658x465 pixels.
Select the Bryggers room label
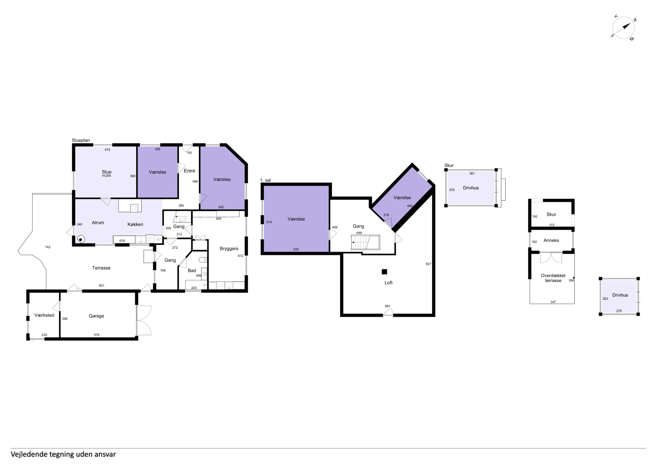[x=229, y=249]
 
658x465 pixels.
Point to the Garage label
[x=96, y=316]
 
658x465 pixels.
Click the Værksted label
[x=44, y=315]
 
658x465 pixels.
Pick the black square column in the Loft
[x=384, y=272]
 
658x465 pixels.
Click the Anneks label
[x=551, y=240]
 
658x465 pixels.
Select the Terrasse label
[x=101, y=268]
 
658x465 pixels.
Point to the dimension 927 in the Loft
[x=428, y=264]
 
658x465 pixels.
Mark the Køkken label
[x=135, y=224]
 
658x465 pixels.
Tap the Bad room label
[x=192, y=270]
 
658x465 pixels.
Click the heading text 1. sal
[x=265, y=180]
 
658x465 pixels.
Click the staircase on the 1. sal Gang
[x=365, y=242]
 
